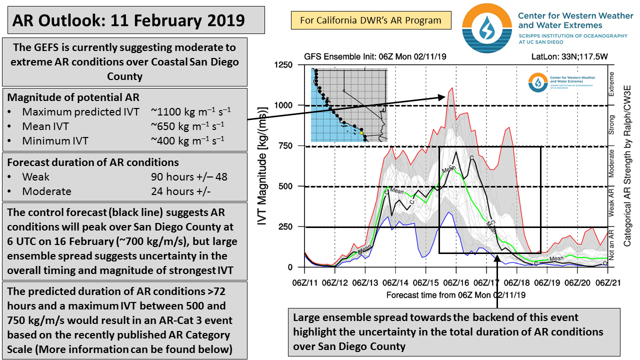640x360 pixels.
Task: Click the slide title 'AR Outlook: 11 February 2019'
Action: [x=128, y=20]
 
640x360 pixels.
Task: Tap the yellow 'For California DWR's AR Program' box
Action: [x=370, y=20]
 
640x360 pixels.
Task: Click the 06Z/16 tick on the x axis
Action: [x=456, y=283]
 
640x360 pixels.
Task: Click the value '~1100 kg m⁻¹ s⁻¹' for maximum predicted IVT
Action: [x=190, y=111]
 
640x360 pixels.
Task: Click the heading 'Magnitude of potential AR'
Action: [x=73, y=97]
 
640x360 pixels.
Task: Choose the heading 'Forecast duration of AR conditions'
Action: [x=93, y=162]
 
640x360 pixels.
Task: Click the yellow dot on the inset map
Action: [x=361, y=133]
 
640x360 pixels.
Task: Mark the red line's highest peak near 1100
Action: [x=452, y=88]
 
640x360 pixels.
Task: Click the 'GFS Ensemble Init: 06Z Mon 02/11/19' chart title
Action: [x=374, y=56]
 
